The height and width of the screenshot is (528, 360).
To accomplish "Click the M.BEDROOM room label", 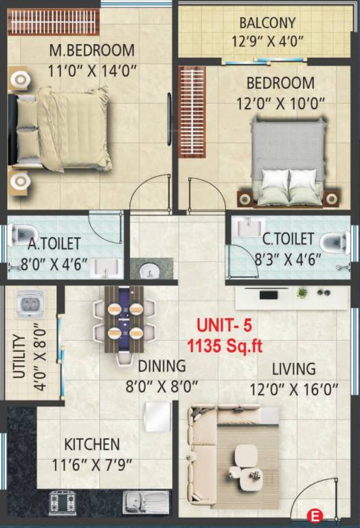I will [91, 50].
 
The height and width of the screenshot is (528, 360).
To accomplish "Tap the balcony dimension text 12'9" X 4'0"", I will [268, 41].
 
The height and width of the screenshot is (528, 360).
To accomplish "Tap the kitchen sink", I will [146, 500].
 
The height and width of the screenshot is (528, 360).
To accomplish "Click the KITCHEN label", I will [91, 444].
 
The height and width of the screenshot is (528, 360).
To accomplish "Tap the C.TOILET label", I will [288, 239].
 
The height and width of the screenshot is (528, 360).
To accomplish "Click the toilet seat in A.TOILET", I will [20, 235].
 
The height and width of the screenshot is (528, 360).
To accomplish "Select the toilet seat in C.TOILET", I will [333, 241].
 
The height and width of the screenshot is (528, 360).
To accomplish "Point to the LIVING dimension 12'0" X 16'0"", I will [293, 390].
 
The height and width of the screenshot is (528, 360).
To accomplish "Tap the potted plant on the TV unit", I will [302, 293].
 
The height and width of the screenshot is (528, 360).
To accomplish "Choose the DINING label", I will [161, 366].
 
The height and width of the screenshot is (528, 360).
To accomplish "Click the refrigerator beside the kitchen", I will [158, 417].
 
